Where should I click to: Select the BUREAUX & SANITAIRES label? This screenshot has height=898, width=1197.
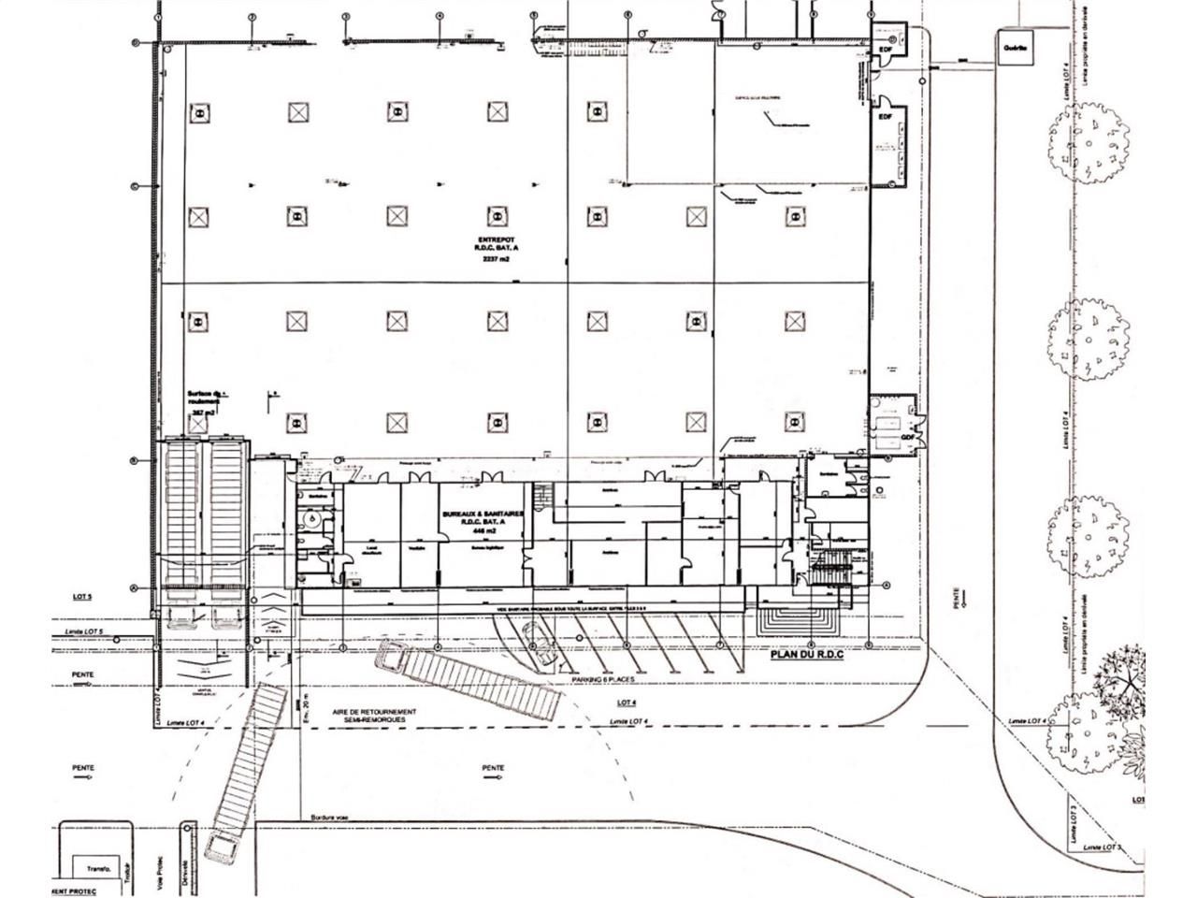tap(483, 514)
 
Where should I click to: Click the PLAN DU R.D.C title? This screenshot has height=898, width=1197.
tap(806, 656)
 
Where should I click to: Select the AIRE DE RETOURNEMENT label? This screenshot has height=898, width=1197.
tap(373, 712)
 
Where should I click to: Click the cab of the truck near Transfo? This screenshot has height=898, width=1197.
tap(224, 849)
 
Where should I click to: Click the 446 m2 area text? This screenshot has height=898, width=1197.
tap(483, 530)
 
